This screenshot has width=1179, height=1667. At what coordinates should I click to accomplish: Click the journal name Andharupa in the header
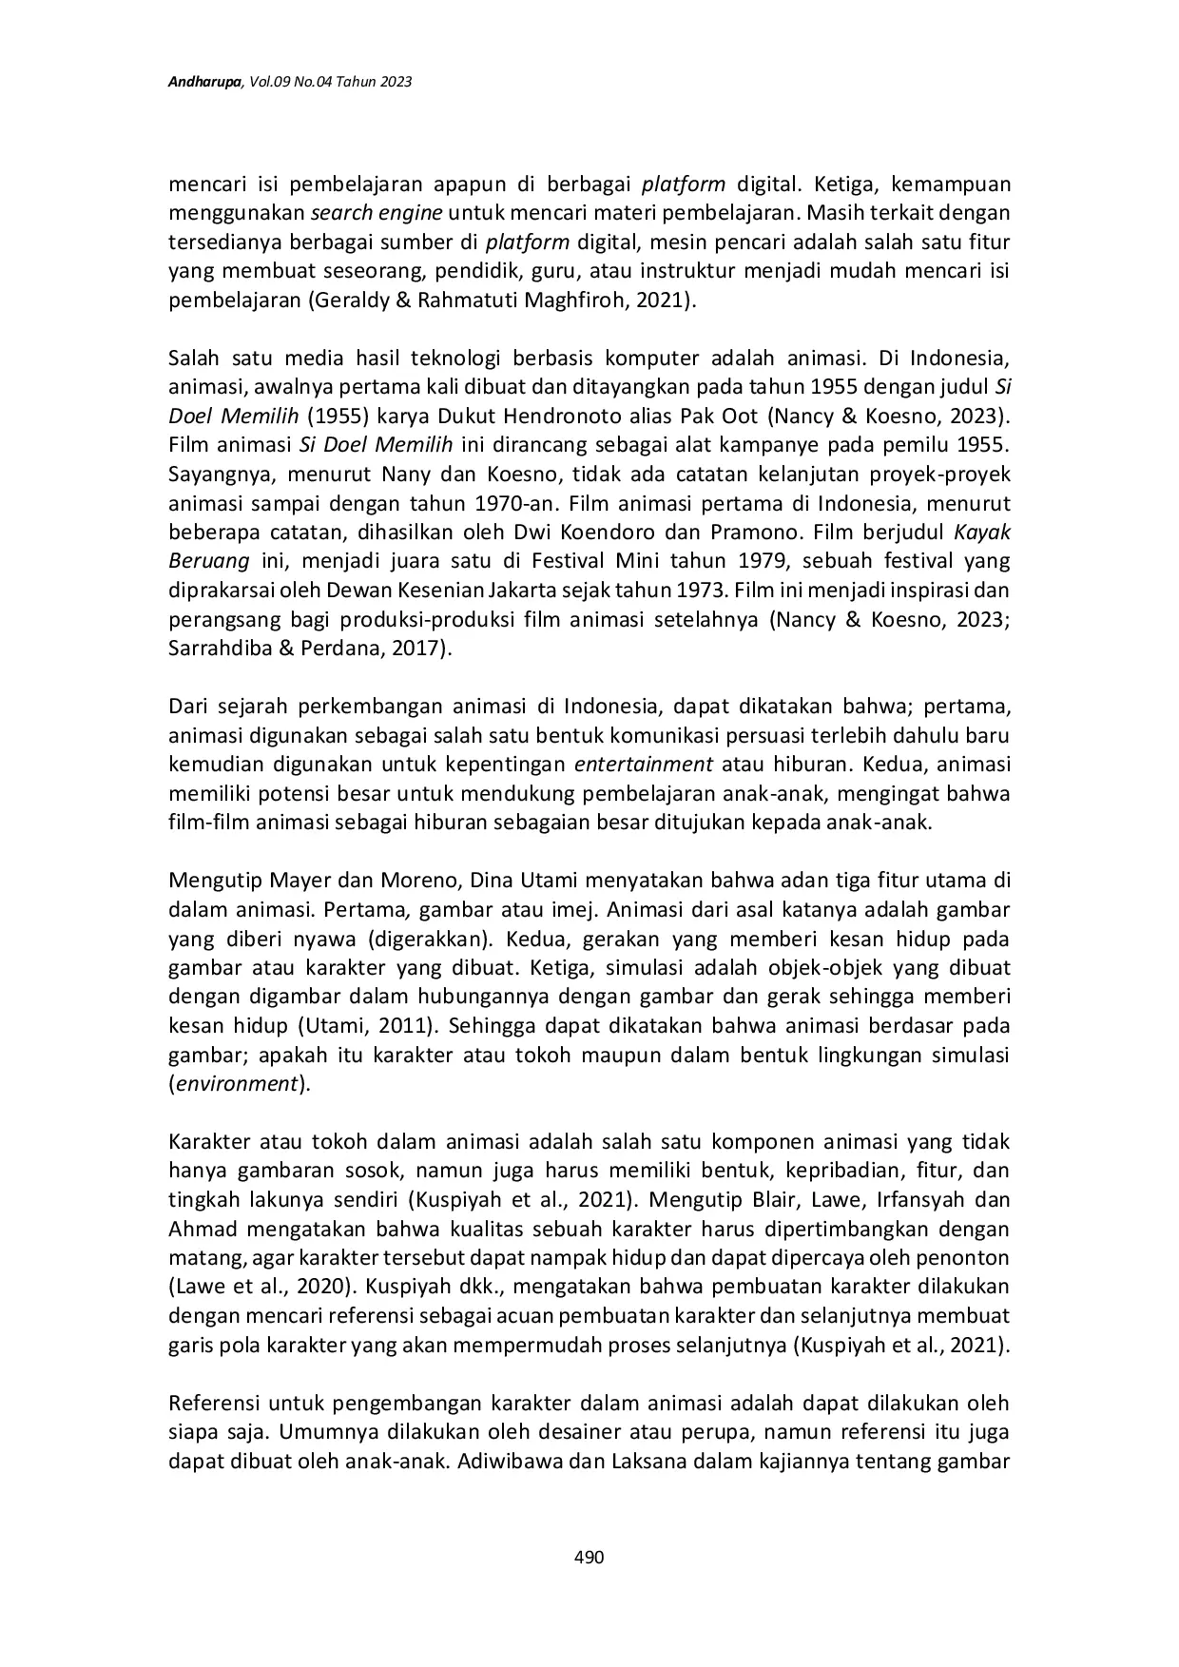click(x=204, y=83)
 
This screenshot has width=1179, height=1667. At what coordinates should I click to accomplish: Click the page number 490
click(x=589, y=1557)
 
